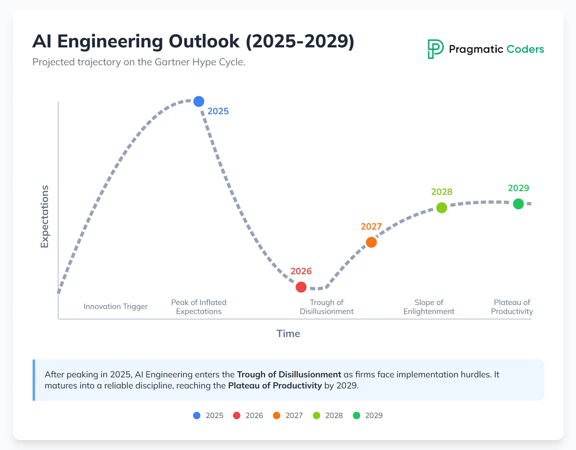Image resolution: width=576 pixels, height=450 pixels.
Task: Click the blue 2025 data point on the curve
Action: point(199,101)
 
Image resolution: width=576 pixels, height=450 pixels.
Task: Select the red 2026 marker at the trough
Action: point(301,287)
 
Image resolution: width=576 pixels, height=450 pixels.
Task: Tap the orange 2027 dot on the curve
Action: point(371,242)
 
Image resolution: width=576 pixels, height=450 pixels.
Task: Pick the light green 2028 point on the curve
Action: point(442,208)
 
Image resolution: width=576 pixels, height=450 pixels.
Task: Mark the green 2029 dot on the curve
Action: point(518,204)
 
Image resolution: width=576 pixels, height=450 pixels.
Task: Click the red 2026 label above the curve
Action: point(301,271)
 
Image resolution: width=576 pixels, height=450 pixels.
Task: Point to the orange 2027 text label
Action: point(371,227)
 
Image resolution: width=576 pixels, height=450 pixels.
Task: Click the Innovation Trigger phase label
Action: point(116,307)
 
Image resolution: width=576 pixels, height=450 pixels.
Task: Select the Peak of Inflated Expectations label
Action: point(199,307)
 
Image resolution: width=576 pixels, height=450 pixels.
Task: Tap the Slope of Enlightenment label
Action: point(429,307)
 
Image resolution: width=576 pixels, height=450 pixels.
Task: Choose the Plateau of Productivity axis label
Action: point(512,307)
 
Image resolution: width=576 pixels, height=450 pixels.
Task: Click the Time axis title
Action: point(288,334)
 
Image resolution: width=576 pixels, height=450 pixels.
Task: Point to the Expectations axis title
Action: point(45,216)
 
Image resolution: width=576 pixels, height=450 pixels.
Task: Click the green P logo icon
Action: point(435,49)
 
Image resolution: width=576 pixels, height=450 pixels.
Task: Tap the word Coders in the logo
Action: point(525,49)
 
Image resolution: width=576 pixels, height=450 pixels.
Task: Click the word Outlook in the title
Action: point(204,41)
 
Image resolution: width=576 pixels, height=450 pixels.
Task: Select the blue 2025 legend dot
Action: point(197,416)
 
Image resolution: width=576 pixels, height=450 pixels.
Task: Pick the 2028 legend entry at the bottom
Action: point(328,416)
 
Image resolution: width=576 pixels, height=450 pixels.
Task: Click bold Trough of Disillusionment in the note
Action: point(289,374)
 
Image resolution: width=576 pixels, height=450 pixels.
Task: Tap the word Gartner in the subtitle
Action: point(172,62)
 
